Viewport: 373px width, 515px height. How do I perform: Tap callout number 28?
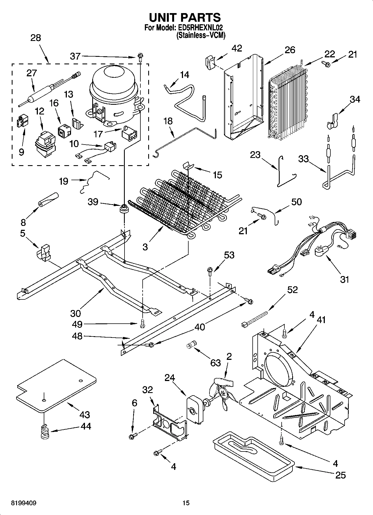click(x=35, y=38)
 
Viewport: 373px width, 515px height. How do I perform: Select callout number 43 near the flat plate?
click(x=85, y=414)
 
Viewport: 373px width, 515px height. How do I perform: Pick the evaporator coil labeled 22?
click(x=287, y=103)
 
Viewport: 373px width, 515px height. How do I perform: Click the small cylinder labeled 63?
click(x=191, y=344)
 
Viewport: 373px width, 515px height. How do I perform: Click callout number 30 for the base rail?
click(x=75, y=313)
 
